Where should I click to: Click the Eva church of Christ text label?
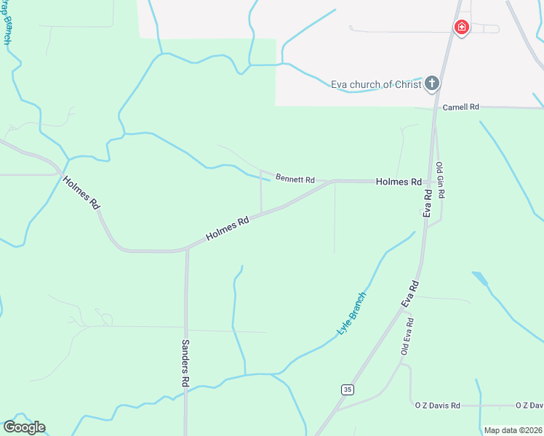(x=376, y=84)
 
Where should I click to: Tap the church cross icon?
(x=432, y=84)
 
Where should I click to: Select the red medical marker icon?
(x=461, y=28)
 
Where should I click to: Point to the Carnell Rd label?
(x=461, y=107)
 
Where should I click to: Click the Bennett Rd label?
(x=295, y=179)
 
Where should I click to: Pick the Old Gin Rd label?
(x=440, y=181)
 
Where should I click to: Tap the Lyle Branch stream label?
(x=352, y=313)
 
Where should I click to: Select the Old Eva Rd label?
(x=409, y=336)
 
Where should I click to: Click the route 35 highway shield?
(x=348, y=389)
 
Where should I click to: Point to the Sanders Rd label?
(x=185, y=363)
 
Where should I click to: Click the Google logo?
(x=24, y=427)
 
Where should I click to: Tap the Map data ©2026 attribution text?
(x=512, y=430)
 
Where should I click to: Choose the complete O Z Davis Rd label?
(x=437, y=405)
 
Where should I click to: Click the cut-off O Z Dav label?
(x=529, y=405)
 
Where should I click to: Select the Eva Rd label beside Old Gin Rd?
(x=428, y=203)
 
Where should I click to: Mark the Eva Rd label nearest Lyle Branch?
(x=410, y=294)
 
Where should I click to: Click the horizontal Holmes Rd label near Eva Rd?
(x=399, y=182)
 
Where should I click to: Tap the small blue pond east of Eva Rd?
(x=480, y=279)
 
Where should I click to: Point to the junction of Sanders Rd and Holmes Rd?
(x=186, y=250)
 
